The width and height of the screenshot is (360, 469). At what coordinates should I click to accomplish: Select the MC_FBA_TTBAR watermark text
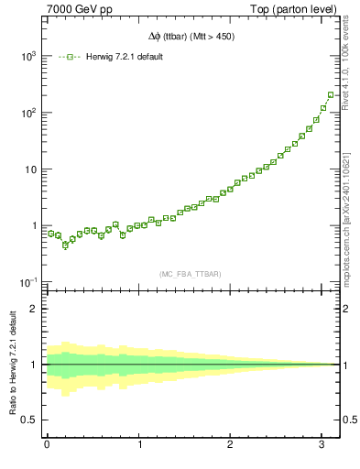pos(191,272)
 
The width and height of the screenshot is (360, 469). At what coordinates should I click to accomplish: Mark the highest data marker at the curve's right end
pos(331,94)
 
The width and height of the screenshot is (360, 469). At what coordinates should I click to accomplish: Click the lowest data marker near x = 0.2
pos(65,245)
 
